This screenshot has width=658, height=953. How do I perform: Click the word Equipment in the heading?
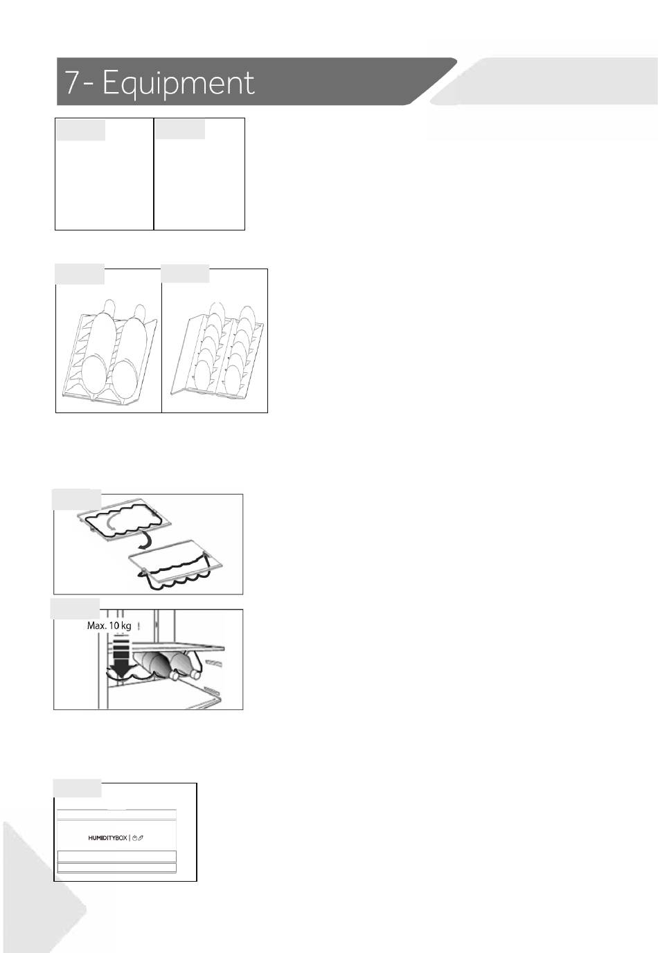(x=178, y=83)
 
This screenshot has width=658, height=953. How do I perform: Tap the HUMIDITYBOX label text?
(x=107, y=837)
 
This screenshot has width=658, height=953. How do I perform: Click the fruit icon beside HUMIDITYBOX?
(x=134, y=837)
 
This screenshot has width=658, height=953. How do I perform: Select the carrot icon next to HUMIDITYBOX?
(x=141, y=837)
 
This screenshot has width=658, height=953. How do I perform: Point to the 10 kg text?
(x=120, y=626)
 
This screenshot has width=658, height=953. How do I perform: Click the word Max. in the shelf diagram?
(x=97, y=626)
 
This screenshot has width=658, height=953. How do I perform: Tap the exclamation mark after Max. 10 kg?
(x=139, y=626)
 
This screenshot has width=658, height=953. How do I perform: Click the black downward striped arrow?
(x=122, y=655)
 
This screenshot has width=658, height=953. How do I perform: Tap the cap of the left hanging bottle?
(x=174, y=675)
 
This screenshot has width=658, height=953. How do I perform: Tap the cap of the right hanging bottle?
(x=194, y=674)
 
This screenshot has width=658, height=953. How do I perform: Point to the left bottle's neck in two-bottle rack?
(x=109, y=307)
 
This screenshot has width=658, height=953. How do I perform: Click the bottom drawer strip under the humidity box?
(x=116, y=868)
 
